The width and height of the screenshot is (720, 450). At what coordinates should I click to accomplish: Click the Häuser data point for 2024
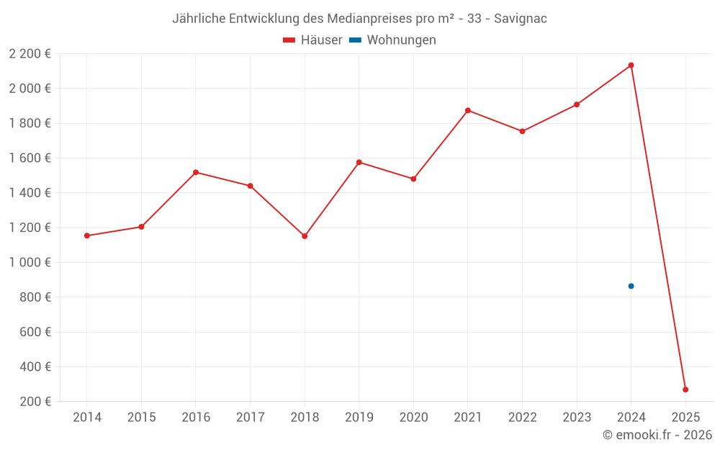click(x=631, y=66)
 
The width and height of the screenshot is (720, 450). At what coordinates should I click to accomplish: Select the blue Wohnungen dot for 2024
click(x=631, y=286)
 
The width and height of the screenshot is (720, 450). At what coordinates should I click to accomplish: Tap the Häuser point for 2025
click(x=685, y=390)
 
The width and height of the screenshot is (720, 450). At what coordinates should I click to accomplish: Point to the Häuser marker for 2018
click(x=305, y=236)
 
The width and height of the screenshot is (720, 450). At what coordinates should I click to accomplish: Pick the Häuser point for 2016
click(x=196, y=172)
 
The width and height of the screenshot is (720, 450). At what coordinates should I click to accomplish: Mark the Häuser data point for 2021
click(x=468, y=110)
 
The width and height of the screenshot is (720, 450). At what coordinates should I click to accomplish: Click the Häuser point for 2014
click(x=87, y=235)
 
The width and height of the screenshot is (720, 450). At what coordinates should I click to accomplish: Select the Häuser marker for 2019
click(x=359, y=162)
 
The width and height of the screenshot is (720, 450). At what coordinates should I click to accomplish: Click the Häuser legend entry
click(x=312, y=40)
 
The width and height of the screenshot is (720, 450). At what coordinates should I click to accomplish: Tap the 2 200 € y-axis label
click(x=30, y=53)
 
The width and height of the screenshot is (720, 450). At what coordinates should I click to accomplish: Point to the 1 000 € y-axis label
click(x=30, y=262)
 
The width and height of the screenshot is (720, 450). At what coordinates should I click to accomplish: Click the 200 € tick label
click(x=35, y=401)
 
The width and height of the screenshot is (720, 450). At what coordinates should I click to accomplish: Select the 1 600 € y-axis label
click(x=30, y=158)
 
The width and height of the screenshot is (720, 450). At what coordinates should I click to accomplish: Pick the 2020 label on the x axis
click(x=413, y=418)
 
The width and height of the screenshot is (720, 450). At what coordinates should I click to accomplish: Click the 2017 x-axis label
click(x=250, y=418)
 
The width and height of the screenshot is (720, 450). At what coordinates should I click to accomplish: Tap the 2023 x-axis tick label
click(x=577, y=418)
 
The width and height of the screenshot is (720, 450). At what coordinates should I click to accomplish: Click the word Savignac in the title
click(x=520, y=19)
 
